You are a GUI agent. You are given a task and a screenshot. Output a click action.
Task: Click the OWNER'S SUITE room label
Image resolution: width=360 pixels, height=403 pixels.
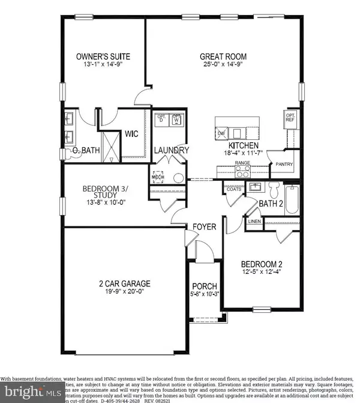coord(103,57)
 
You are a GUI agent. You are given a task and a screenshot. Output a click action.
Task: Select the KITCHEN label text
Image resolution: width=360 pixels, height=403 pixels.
coord(243,146)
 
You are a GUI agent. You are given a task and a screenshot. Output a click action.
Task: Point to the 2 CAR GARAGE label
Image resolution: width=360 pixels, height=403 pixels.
coord(109,283)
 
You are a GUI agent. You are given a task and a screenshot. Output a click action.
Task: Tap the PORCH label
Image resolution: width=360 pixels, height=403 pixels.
coord(204,286)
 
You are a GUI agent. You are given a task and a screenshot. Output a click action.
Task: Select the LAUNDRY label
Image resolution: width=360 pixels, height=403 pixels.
coord(172,150)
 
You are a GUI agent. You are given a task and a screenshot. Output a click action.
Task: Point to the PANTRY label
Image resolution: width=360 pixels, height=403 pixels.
coord(283,163)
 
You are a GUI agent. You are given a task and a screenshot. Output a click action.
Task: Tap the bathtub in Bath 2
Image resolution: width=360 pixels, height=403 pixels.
coord(292,199)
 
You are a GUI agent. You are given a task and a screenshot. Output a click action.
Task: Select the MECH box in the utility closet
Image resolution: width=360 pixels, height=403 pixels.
coord(158,177)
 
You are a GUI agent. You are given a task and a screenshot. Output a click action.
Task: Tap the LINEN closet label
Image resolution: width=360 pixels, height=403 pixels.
coord(254,223)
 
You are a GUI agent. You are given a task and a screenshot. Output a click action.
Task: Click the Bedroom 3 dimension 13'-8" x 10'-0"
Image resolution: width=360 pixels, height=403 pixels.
coord(103,202)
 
